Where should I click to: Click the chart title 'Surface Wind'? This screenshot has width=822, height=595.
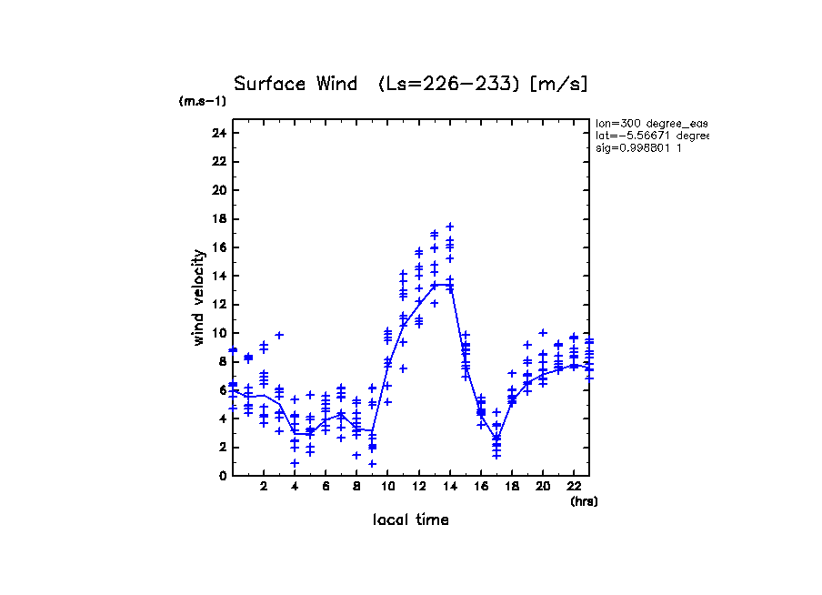296,85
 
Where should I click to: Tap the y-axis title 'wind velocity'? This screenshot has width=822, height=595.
199,297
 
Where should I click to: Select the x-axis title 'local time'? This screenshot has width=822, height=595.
410,520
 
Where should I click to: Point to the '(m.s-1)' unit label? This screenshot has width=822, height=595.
203,102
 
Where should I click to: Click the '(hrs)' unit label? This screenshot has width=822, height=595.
584,501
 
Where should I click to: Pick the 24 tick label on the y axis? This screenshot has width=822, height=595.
218,133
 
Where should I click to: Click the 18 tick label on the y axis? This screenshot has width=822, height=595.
218,218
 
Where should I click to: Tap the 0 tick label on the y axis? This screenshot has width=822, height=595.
222,475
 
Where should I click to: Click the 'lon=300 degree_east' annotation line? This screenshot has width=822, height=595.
651,123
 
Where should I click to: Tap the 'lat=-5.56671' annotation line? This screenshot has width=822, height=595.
651,136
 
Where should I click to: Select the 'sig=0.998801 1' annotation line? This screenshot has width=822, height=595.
639,148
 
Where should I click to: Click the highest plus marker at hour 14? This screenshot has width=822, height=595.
449,227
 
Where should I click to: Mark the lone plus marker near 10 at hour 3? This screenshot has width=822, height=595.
279,335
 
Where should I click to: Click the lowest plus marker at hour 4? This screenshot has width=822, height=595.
295,463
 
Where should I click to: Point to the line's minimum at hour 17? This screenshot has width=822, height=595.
496,438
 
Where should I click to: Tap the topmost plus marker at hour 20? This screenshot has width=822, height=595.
543,333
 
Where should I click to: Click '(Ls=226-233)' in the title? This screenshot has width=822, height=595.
449,85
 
